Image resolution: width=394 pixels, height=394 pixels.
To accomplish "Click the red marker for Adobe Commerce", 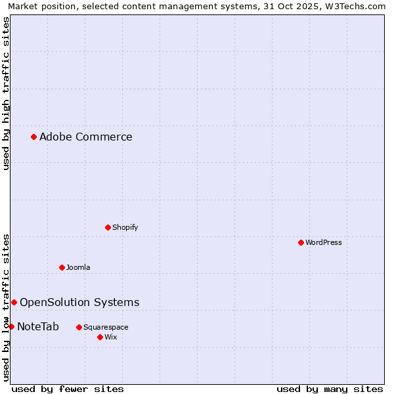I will point(33,137).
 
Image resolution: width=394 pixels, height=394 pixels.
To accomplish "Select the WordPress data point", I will point(301,242).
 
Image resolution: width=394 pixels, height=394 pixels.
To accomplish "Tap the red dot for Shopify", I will point(108,227).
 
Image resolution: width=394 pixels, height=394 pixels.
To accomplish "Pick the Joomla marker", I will point(62,267).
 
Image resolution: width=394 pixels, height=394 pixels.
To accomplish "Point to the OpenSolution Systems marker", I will point(14,302).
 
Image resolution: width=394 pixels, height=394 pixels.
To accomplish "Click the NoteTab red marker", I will point(11,326).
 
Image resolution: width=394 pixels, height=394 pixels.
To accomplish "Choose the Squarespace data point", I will point(79,327).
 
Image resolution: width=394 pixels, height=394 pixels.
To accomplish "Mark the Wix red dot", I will point(100,337).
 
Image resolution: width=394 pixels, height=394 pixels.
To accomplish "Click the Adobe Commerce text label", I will point(85,137).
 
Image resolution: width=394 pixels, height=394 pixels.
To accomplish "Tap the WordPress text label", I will point(323,242).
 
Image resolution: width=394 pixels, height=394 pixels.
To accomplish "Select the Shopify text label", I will point(125,227).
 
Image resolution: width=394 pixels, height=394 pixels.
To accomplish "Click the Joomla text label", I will point(78,267).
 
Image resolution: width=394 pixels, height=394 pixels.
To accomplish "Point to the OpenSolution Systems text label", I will point(79,303).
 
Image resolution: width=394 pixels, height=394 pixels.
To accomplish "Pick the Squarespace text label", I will point(106,327).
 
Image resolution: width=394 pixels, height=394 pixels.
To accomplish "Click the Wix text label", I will point(111,337).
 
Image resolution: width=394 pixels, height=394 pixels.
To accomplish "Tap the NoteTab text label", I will point(38,327).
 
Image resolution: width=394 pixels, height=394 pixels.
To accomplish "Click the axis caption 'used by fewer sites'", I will point(68,389).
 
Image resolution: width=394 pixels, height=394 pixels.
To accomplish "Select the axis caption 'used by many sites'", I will point(330,389).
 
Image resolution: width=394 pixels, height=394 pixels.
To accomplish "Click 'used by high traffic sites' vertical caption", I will point(6,93).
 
